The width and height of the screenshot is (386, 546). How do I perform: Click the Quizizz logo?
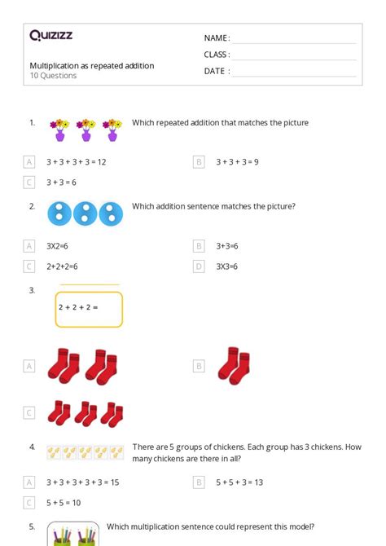click(x=50, y=35)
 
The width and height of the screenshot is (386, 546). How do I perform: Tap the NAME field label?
click(x=217, y=38)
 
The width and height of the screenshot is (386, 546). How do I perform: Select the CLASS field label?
click(x=217, y=55)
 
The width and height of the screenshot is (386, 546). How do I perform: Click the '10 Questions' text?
click(x=53, y=76)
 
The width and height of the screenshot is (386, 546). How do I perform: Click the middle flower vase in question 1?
click(x=86, y=130)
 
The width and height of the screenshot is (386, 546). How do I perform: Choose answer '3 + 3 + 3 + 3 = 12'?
click(x=77, y=161)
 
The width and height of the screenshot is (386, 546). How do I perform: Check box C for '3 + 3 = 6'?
click(x=29, y=183)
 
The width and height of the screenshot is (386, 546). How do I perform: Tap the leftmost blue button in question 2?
click(x=59, y=214)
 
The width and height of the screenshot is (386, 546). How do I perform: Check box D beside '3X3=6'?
click(x=199, y=266)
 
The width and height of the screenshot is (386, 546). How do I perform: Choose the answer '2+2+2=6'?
click(x=63, y=266)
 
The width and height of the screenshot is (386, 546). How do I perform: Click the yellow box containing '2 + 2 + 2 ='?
click(x=89, y=309)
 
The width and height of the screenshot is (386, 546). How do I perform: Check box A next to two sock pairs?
click(x=29, y=367)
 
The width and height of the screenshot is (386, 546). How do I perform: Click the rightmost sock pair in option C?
click(x=112, y=412)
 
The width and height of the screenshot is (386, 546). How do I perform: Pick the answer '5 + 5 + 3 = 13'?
click(x=239, y=482)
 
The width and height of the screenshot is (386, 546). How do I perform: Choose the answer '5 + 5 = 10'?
click(x=64, y=503)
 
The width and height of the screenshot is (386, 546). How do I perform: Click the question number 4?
click(x=32, y=447)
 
